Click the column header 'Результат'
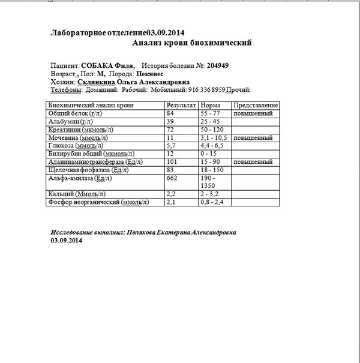tap(181, 105)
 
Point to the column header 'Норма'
tap(210, 105)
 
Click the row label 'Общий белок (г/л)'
tap(75, 113)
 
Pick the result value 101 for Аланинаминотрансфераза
tap(173, 162)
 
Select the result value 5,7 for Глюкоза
tap(172, 146)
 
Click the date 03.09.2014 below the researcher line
tap(67, 241)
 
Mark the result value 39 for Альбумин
tap(171, 122)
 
